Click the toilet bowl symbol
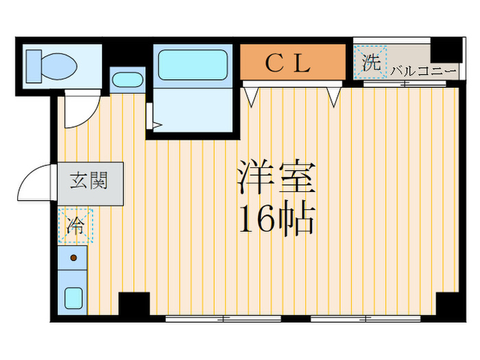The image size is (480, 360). [x=59, y=66]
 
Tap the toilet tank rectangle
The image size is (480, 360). [x=34, y=66]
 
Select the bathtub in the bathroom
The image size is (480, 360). [x=193, y=65]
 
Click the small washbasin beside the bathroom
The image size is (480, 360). [x=128, y=80]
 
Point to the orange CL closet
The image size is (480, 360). [x=293, y=62]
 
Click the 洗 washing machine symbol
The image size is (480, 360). [x=370, y=62]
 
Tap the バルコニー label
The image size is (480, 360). [x=424, y=71]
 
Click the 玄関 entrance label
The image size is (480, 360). [x=88, y=180]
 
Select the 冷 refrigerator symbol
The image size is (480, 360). [x=75, y=226]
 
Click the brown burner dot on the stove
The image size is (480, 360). [x=73, y=258]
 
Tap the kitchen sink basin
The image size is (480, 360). [x=73, y=298]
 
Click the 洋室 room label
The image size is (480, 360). [x=276, y=177]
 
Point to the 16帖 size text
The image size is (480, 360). [x=276, y=218]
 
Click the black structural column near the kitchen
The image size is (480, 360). [x=134, y=304]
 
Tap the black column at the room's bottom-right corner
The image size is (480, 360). [x=447, y=304]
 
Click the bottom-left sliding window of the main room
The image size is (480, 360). [x=224, y=319]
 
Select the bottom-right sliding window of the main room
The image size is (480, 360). [x=365, y=319]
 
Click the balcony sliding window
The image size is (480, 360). [x=405, y=84]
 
